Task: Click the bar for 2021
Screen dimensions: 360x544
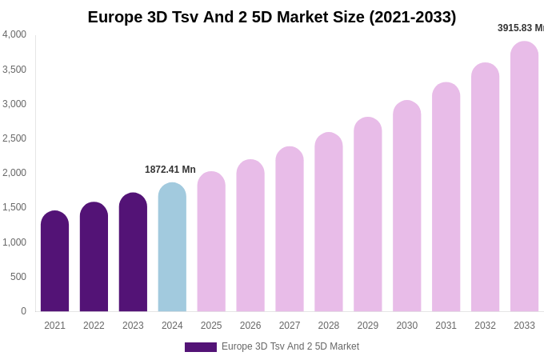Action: click(54, 262)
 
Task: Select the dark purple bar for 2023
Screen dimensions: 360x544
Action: click(133, 252)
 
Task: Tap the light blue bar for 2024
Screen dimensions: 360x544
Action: click(172, 247)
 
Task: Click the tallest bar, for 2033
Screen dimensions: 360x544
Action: click(524, 177)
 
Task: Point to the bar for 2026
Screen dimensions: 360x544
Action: click(250, 236)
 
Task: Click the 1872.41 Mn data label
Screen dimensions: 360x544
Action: click(170, 170)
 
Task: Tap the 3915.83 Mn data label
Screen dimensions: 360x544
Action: click(521, 28)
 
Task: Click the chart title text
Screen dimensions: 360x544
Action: click(272, 17)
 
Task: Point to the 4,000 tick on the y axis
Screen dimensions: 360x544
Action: click(14, 34)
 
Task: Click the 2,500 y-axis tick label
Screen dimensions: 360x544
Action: click(14, 138)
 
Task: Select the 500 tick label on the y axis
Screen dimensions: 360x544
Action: click(18, 277)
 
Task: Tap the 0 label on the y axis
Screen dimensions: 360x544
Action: click(23, 311)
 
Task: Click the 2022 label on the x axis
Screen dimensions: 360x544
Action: click(94, 326)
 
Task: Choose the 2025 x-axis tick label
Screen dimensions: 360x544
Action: click(211, 326)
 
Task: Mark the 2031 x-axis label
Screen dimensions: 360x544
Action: click(446, 326)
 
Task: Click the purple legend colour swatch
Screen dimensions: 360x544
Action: click(200, 347)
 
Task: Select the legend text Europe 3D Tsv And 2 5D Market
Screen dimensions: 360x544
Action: click(290, 346)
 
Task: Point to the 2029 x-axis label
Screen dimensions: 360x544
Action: click(368, 326)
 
